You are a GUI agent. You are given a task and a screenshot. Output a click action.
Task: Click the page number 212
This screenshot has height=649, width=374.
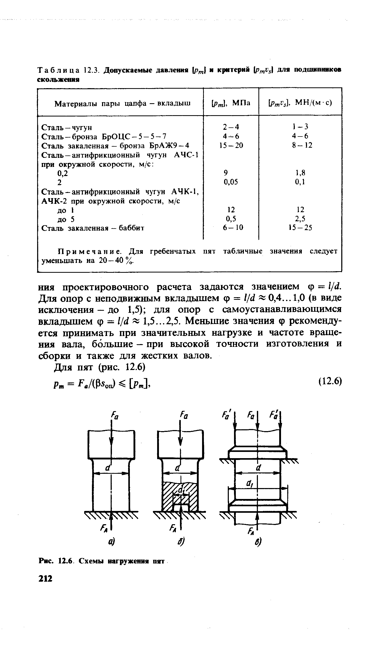(x=45, y=580)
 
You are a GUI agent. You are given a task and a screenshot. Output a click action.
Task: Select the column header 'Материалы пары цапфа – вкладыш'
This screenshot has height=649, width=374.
(x=122, y=104)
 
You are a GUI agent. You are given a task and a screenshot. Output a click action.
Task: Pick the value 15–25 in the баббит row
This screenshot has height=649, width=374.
(x=300, y=228)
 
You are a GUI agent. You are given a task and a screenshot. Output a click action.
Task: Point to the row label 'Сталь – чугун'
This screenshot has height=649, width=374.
(x=67, y=127)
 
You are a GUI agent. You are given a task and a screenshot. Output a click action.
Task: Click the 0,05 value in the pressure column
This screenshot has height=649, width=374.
(x=231, y=182)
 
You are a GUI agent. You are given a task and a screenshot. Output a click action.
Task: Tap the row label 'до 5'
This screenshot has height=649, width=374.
(x=66, y=219)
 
